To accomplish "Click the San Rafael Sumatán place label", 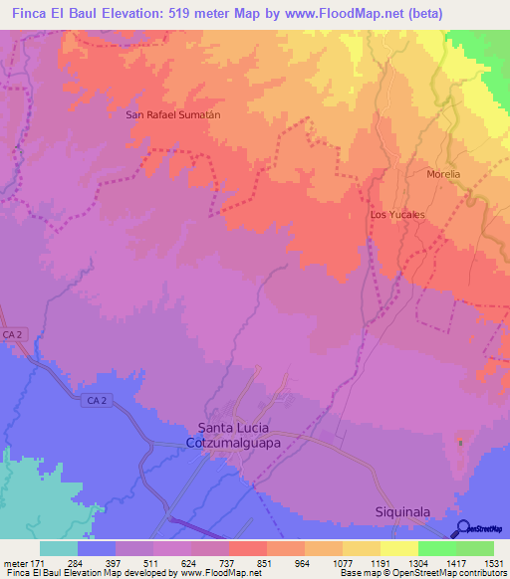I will tap(172, 114).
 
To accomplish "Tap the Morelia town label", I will tap(443, 174).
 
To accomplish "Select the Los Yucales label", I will tap(397, 214).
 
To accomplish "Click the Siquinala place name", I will tap(402, 511).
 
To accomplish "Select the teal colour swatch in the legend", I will tap(58, 548).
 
